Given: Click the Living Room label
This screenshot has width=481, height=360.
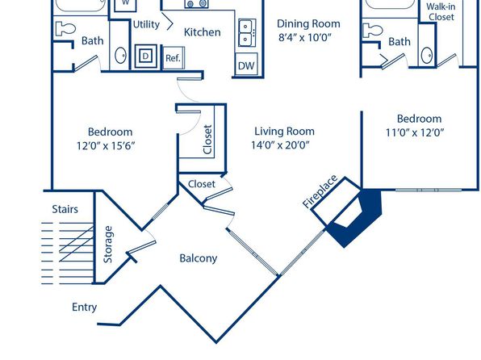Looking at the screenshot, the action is [284, 132].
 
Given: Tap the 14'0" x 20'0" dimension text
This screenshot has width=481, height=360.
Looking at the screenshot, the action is [280, 144].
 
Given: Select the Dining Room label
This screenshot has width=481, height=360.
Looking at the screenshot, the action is [308, 24].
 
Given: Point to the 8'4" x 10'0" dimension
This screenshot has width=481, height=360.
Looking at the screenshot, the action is [305, 37].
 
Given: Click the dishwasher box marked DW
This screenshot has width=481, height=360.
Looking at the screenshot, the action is [246, 65].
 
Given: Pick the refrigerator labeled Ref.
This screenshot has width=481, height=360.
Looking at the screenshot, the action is [174, 58].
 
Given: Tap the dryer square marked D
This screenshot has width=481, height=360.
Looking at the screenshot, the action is [146, 56].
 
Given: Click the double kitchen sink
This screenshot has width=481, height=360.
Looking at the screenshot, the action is [247, 32].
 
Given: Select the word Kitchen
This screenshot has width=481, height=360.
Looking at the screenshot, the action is [202, 32].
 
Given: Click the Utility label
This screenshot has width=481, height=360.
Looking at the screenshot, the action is [146, 24].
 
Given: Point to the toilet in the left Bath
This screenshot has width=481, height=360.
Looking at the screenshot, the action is [65, 29].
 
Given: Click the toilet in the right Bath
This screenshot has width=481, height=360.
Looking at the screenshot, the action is [372, 31].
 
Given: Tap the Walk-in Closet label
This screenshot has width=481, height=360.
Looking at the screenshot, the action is [441, 11].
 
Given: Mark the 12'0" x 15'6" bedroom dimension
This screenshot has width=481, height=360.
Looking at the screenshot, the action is [106, 145].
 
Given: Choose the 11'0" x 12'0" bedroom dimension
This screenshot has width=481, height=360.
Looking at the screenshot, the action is [415, 132].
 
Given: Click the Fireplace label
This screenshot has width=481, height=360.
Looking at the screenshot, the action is [320, 191].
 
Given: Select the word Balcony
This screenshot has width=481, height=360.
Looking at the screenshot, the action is [199, 258].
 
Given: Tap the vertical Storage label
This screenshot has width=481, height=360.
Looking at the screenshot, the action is [108, 245].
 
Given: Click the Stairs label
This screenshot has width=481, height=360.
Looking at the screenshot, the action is [65, 209].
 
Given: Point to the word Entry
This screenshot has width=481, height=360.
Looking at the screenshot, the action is [85, 308].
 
